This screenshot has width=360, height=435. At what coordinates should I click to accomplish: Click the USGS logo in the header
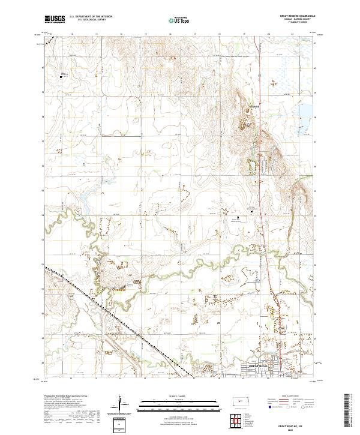pyautogui.click(x=55, y=19)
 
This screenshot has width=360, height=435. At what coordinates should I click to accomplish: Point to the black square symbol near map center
pyautogui.click(x=237, y=218)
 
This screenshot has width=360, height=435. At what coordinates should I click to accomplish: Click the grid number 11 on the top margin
pyautogui.click(x=47, y=34)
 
